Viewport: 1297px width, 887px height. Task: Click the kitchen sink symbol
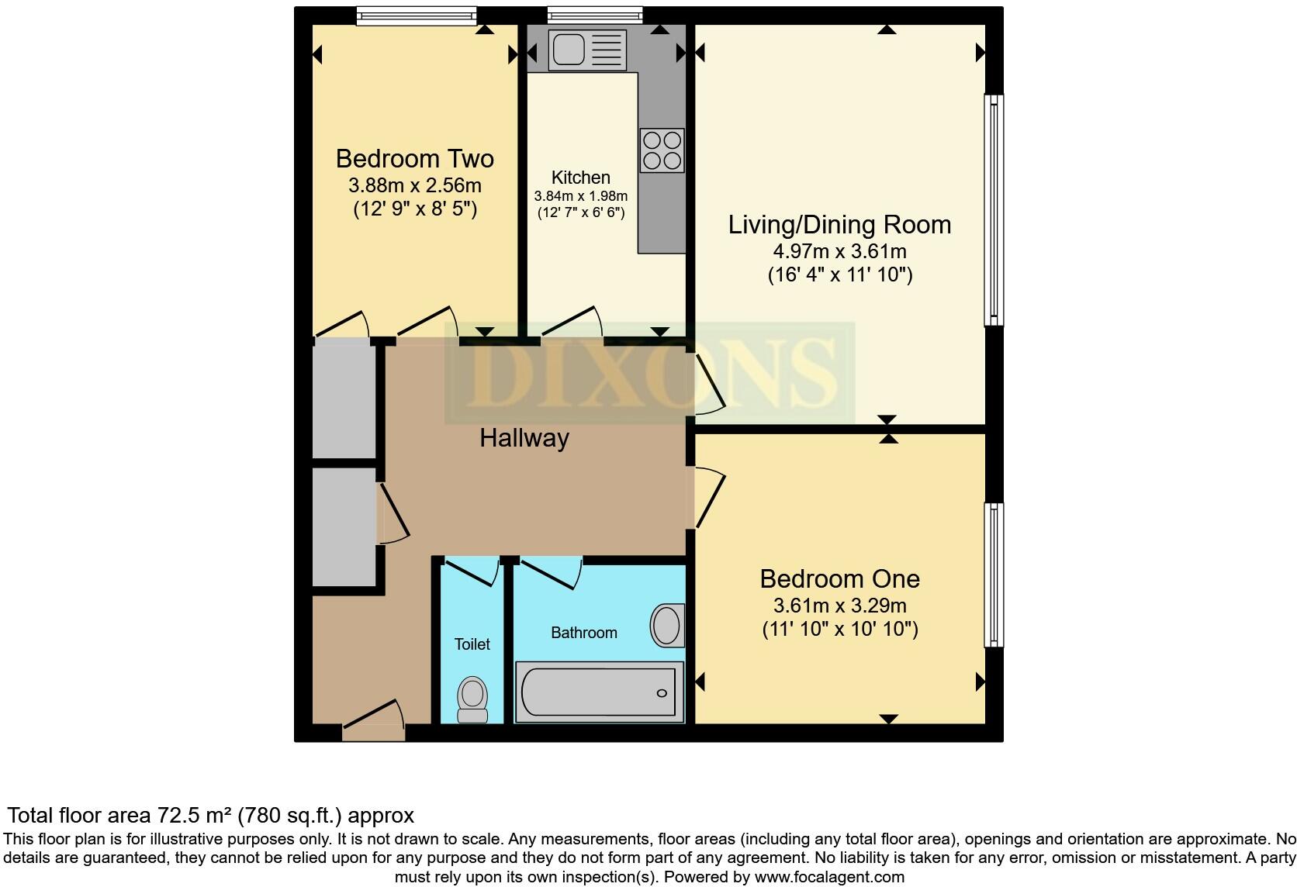pyautogui.click(x=586, y=50)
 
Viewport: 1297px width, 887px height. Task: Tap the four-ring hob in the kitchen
pyautogui.click(x=662, y=150)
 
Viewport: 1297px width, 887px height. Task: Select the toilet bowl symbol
pyautogui.click(x=472, y=697)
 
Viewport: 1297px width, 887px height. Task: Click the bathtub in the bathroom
pyautogui.click(x=599, y=692)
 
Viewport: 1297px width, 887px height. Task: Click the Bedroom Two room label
pyautogui.click(x=414, y=159)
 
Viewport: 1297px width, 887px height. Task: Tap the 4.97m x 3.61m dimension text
pyautogui.click(x=839, y=251)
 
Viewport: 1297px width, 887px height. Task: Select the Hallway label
pyautogui.click(x=524, y=438)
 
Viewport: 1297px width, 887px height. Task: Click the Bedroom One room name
pyautogui.click(x=839, y=578)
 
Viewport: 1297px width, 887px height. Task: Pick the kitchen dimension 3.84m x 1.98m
pyautogui.click(x=580, y=196)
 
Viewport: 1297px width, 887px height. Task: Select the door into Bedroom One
pyautogui.click(x=709, y=499)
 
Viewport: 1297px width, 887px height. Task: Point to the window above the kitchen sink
pyautogui.click(x=594, y=14)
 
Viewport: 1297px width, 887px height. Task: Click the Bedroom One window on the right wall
pyautogui.click(x=994, y=575)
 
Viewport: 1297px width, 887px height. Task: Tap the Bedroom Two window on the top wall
pyautogui.click(x=416, y=14)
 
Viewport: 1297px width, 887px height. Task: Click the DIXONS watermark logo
pyautogui.click(x=649, y=373)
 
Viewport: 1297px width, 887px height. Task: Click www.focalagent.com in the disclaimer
pyautogui.click(x=828, y=877)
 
